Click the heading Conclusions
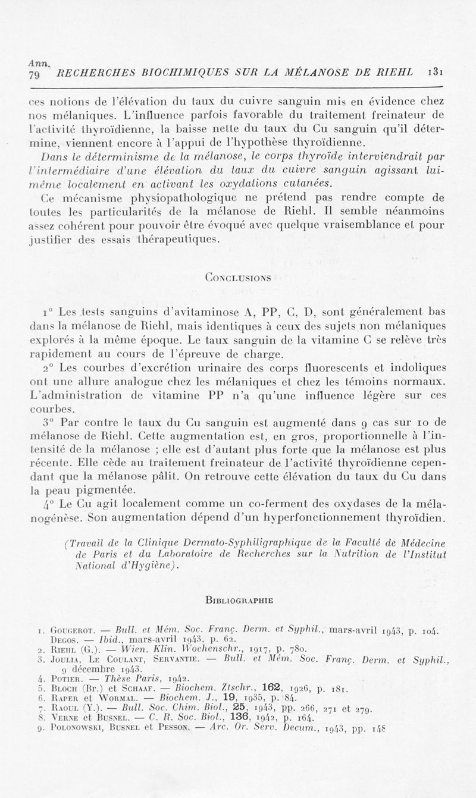coord(237,277)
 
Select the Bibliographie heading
coord(239,600)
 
